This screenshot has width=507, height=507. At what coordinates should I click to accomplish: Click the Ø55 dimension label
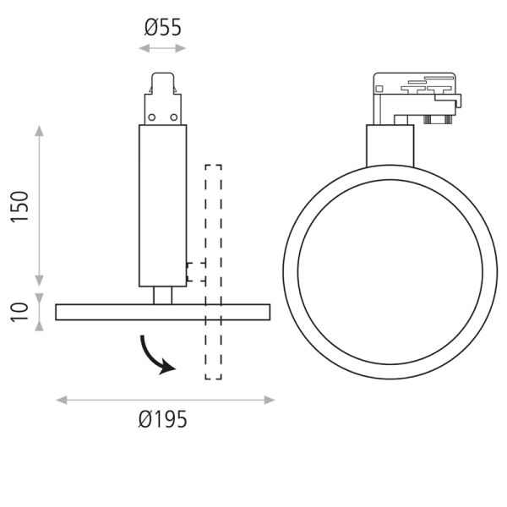(x=163, y=27)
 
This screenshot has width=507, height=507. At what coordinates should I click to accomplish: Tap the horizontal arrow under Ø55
(x=163, y=48)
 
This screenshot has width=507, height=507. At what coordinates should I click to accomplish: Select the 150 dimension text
(x=21, y=206)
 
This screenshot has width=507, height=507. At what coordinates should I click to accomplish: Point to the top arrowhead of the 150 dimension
(x=38, y=131)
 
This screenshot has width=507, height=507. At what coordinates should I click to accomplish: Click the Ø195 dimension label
(x=163, y=418)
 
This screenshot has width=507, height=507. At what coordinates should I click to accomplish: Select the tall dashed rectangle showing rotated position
(x=213, y=270)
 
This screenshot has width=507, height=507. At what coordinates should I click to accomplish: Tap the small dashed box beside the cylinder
(x=195, y=271)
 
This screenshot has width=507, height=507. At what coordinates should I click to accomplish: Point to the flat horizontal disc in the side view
(x=163, y=312)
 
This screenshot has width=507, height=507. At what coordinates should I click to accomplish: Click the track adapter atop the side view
(x=163, y=99)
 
